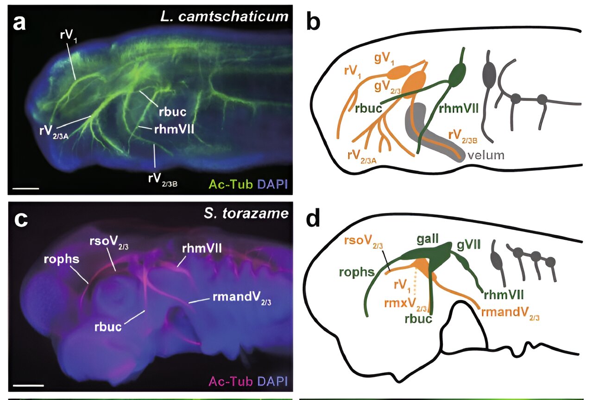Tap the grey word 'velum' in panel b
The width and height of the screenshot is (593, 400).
486,155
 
